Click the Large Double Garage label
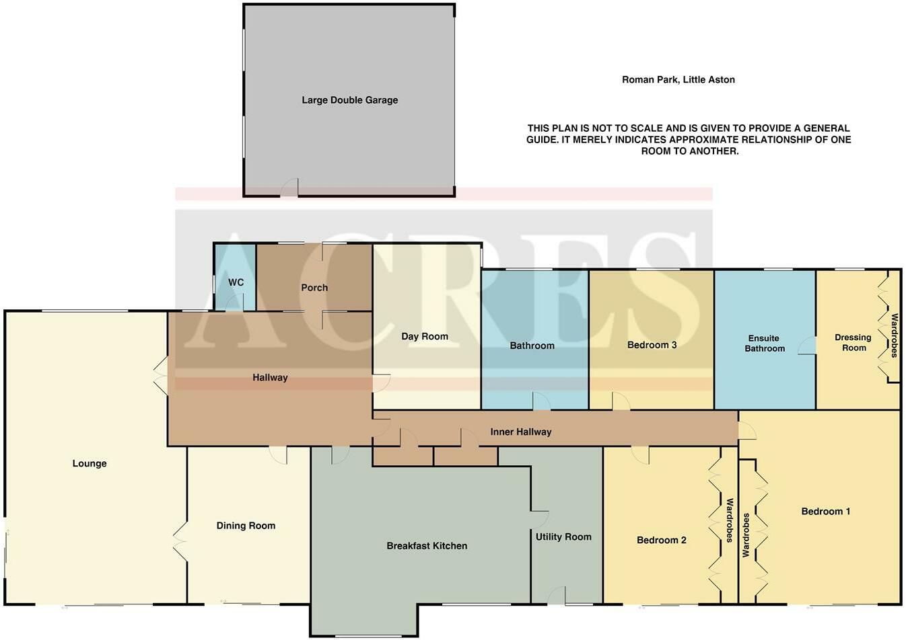(x=349, y=100)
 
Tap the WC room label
(x=236, y=282)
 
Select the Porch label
(x=314, y=288)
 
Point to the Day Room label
(x=425, y=336)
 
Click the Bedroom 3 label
(x=652, y=345)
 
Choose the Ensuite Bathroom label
(x=765, y=344)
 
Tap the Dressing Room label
(x=853, y=343)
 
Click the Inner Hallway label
(x=520, y=432)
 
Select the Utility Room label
(x=563, y=536)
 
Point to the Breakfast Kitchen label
(x=427, y=546)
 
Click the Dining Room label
(x=246, y=526)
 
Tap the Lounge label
(x=90, y=463)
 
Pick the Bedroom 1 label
(x=825, y=512)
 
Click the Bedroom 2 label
(x=662, y=540)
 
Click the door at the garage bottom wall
(x=289, y=188)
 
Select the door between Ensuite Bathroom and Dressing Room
(x=807, y=346)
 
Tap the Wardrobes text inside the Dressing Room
(x=895, y=335)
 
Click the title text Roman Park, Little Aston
(x=678, y=79)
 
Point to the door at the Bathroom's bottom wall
(x=541, y=401)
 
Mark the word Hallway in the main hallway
(x=270, y=378)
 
